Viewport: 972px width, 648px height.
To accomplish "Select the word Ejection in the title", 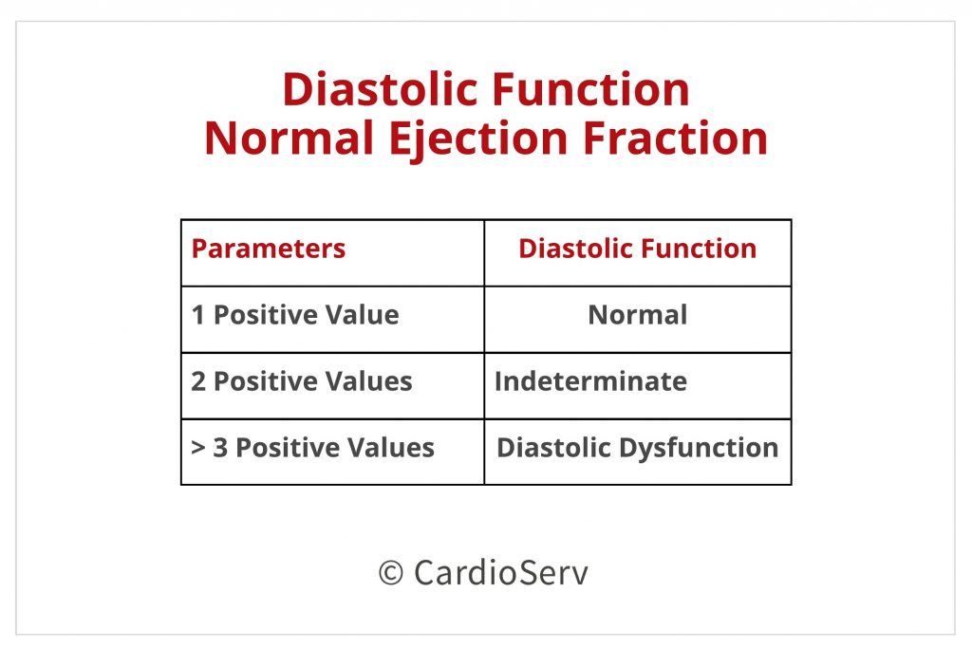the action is point(478,139).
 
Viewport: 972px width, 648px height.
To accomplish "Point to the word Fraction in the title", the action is point(675,138).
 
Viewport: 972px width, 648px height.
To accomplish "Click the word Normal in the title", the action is point(289,138).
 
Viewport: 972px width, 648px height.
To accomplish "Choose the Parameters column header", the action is point(269,249).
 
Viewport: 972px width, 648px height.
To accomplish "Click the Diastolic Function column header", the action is point(637,249).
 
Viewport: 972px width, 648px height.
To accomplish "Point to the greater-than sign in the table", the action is point(198,447).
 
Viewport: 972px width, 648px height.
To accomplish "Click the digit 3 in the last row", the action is point(220,447).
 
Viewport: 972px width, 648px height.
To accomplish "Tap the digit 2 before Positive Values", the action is point(198,381).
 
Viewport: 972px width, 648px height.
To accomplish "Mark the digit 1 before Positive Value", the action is point(197,315).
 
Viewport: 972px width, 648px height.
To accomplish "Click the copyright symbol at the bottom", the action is point(390,572).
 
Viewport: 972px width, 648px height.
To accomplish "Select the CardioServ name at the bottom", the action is point(501,572).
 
